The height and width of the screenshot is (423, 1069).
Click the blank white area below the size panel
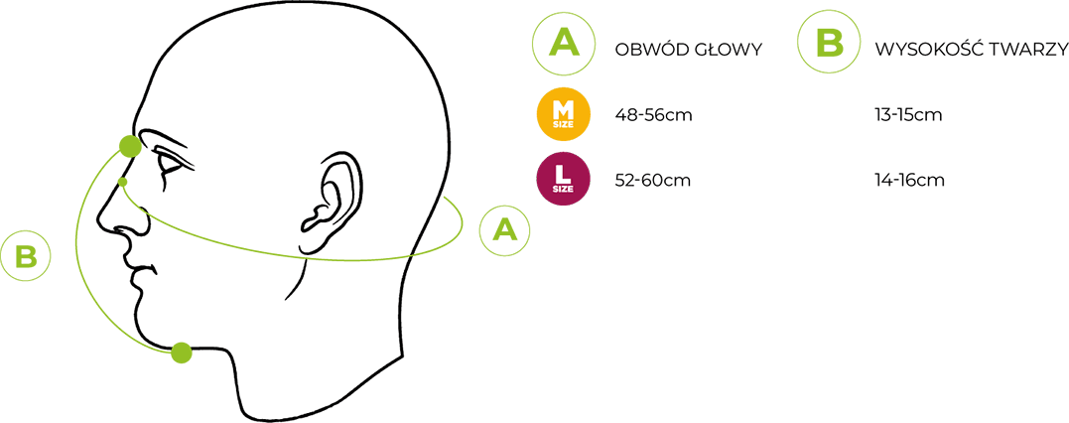pos(794,318)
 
